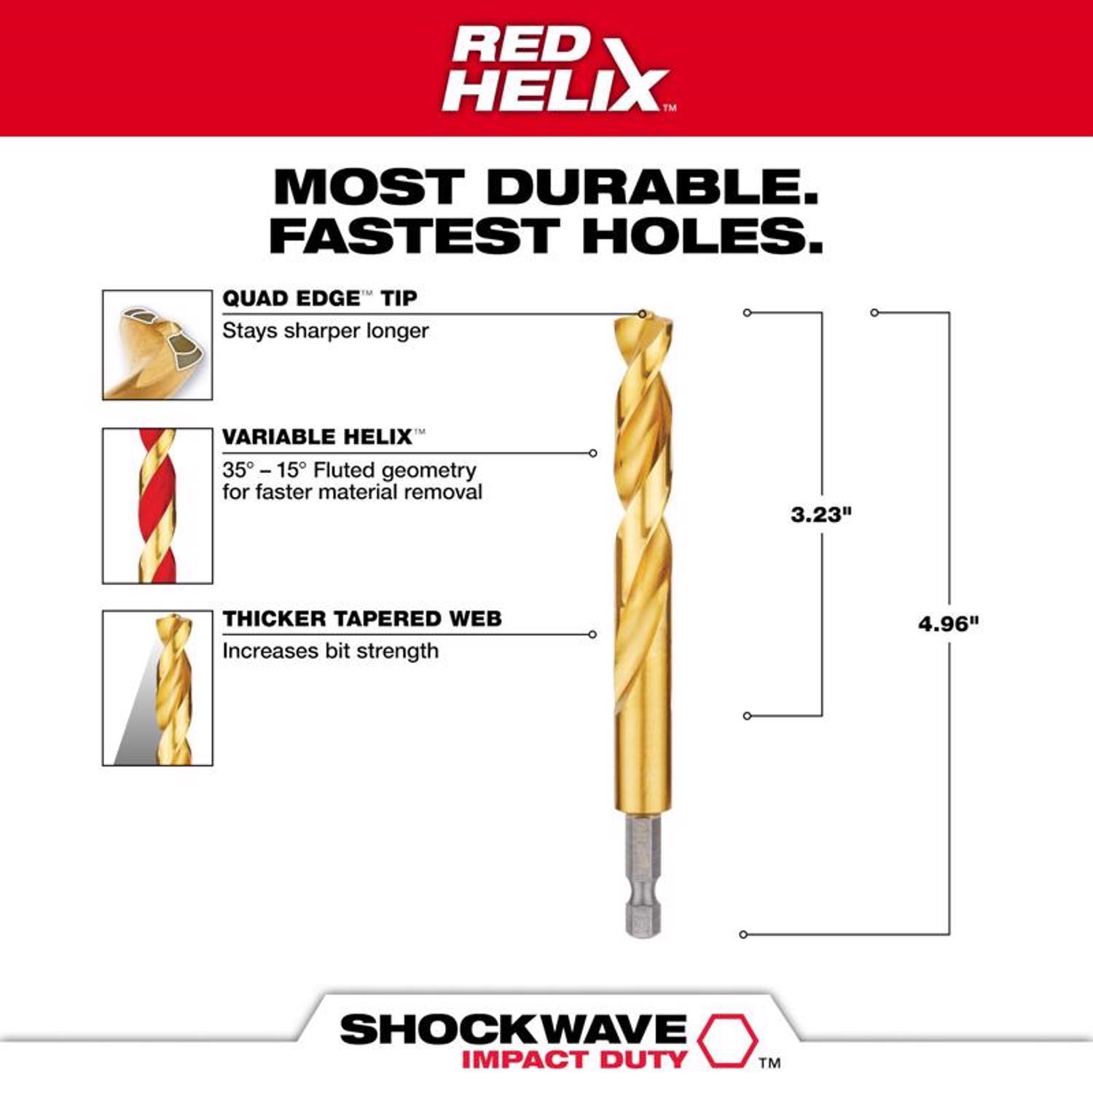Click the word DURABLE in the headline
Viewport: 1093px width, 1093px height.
[x=652, y=187]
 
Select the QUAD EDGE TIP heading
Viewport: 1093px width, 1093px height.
[x=319, y=298]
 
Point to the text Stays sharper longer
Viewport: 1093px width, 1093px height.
[x=325, y=331]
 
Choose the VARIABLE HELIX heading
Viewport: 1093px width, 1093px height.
[x=318, y=436]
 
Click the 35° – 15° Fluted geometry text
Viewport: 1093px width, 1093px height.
[x=349, y=470]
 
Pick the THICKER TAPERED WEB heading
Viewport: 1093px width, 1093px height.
[x=362, y=619]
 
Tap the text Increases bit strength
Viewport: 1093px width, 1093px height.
[x=330, y=651]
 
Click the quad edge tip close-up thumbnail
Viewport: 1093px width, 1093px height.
[x=157, y=345]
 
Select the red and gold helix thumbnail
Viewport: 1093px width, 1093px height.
[x=157, y=506]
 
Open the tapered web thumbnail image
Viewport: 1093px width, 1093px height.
[x=157, y=688]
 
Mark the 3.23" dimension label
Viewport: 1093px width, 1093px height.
[x=821, y=514]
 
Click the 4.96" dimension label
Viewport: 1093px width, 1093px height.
[x=948, y=624]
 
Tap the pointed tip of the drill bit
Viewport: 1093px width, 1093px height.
[x=643, y=316]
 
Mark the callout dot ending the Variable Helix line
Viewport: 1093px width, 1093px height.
[x=593, y=453]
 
